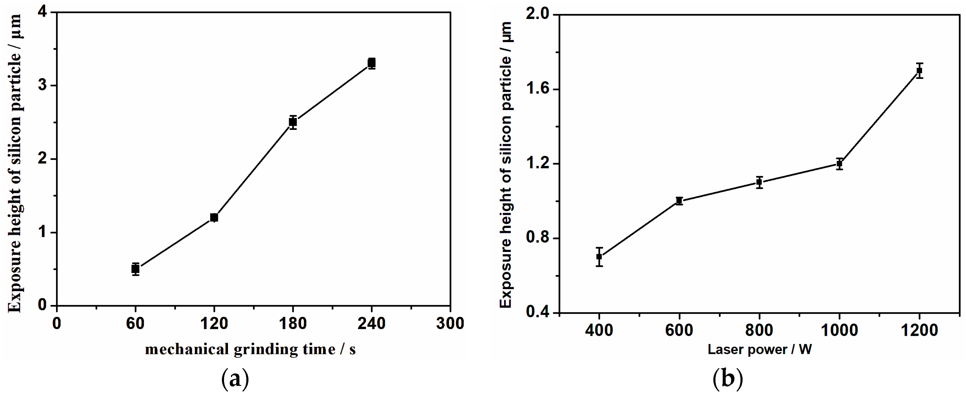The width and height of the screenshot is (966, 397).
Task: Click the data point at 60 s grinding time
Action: [136, 269]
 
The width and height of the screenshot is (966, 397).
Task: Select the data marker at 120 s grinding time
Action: [214, 217]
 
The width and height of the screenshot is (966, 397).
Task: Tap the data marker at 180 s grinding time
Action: [293, 122]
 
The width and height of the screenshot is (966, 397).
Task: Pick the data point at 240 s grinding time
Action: [372, 63]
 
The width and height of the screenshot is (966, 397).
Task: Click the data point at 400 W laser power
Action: [599, 257]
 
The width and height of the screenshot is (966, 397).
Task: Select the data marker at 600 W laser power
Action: [679, 200]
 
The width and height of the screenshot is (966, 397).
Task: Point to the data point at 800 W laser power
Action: [759, 182]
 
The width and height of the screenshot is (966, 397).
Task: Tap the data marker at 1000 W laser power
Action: [839, 164]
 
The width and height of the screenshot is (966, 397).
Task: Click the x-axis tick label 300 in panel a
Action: [450, 323]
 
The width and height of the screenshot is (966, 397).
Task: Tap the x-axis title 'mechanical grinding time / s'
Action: [250, 350]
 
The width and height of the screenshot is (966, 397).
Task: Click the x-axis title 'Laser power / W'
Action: [759, 350]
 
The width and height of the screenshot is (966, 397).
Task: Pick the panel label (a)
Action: [235, 380]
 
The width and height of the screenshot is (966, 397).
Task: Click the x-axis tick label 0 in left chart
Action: [57, 323]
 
